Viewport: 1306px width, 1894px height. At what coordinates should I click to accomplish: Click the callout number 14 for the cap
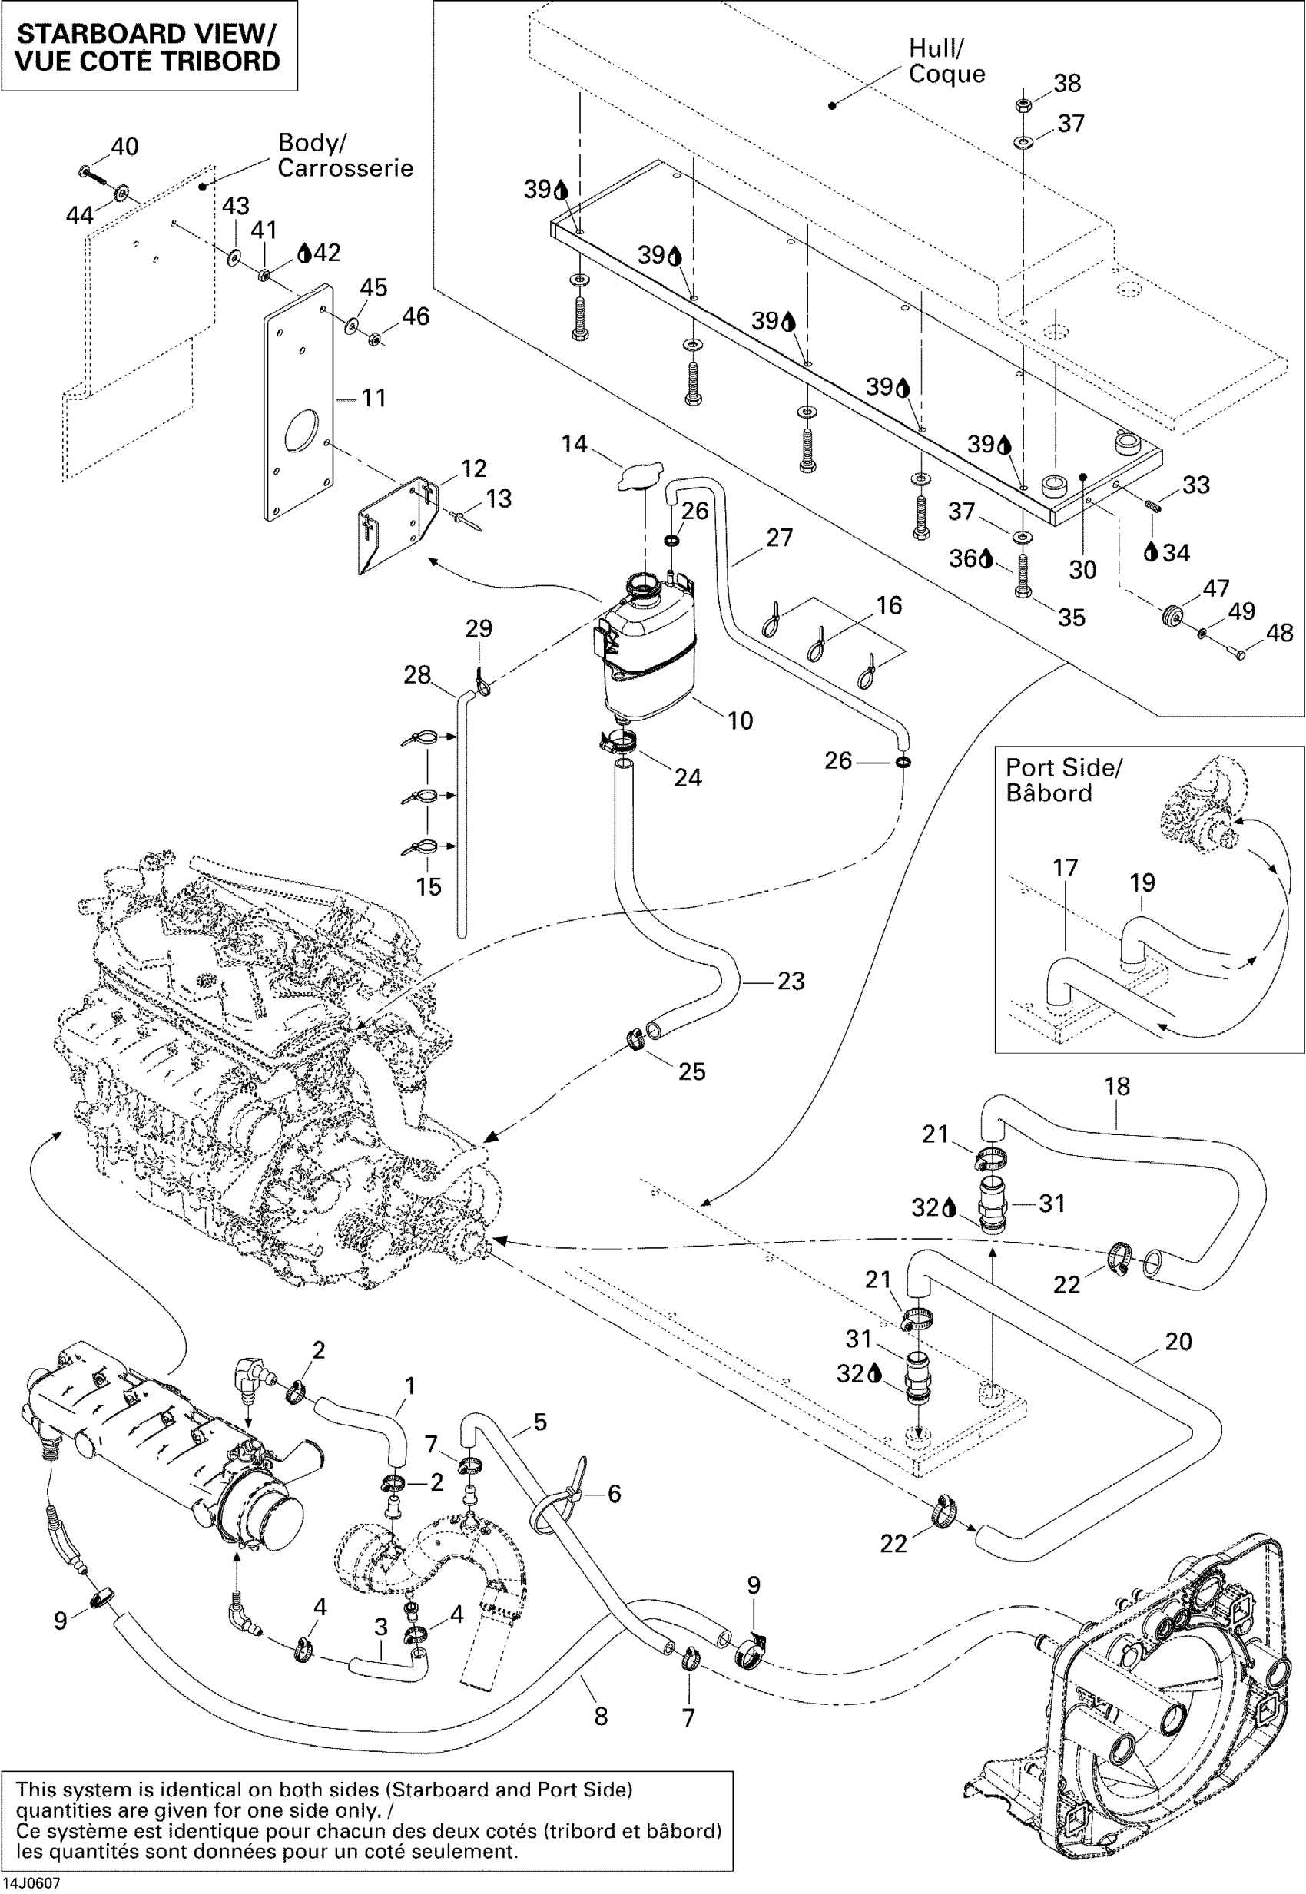(574, 443)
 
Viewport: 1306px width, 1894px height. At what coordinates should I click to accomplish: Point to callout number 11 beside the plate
(373, 398)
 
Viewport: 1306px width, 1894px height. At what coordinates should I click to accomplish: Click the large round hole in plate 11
(300, 429)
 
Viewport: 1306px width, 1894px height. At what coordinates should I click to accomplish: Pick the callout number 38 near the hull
(1067, 83)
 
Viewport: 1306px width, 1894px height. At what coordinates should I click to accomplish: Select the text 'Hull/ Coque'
(946, 61)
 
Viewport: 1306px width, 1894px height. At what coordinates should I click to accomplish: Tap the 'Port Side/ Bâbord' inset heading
(1063, 780)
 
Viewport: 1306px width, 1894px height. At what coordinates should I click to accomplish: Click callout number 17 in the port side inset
(1065, 867)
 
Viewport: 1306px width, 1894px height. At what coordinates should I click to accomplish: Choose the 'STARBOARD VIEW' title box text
(148, 47)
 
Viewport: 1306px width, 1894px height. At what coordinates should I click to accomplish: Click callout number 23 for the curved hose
(791, 980)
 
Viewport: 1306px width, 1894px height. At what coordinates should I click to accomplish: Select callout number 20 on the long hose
(1178, 1341)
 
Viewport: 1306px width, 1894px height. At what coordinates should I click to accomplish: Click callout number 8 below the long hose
(601, 1716)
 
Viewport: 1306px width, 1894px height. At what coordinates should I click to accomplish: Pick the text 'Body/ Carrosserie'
(344, 154)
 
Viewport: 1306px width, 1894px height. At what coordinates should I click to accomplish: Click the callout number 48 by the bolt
(1280, 632)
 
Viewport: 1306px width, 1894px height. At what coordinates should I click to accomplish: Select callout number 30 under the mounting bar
(1082, 569)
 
